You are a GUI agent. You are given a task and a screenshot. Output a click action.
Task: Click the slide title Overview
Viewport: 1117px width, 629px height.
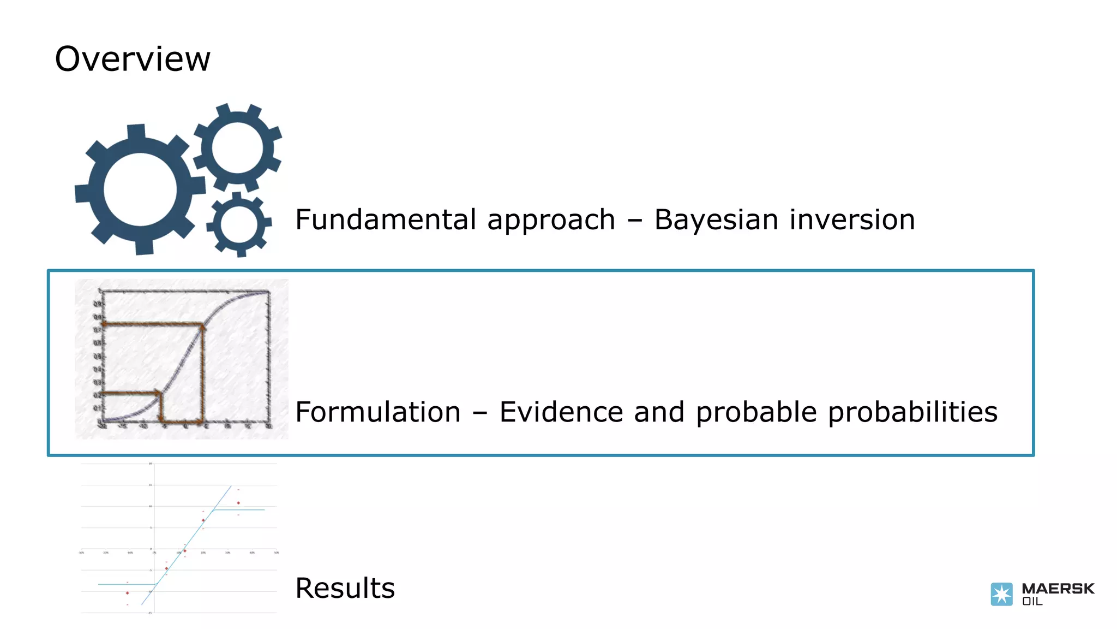click(133, 59)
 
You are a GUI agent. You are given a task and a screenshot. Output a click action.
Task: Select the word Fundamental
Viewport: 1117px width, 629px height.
click(386, 219)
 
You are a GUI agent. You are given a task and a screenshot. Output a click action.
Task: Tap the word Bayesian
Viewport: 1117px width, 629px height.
click(716, 219)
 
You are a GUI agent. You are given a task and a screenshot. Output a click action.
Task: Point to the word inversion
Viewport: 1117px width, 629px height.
click(852, 219)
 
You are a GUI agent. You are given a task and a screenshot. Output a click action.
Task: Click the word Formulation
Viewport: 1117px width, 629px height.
click(378, 412)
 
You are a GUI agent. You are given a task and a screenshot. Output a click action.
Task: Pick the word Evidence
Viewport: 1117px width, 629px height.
click(561, 412)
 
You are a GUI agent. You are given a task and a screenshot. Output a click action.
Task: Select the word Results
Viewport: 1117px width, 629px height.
click(345, 588)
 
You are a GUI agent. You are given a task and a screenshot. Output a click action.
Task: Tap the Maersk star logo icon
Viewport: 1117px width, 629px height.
click(1001, 594)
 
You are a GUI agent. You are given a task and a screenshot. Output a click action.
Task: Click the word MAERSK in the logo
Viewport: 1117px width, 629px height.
click(1058, 589)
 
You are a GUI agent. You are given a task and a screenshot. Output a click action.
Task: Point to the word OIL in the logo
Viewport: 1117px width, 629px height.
click(1032, 602)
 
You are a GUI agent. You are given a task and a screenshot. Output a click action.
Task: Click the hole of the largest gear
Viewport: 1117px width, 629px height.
click(140, 189)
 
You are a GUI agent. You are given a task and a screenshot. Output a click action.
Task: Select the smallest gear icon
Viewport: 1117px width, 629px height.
click(239, 224)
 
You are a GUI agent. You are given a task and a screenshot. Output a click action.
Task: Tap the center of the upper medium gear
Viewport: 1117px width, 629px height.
click(237, 148)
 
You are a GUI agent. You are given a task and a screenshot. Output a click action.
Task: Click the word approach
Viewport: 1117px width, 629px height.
click(551, 219)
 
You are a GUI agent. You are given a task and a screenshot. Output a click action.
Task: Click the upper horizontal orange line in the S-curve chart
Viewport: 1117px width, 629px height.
click(153, 325)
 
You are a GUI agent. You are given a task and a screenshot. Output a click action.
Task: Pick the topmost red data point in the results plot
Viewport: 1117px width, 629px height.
click(238, 503)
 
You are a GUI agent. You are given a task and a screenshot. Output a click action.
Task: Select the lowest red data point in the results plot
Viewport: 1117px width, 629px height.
click(128, 593)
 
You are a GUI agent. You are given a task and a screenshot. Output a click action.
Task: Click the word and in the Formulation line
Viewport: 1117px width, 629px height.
click(659, 412)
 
